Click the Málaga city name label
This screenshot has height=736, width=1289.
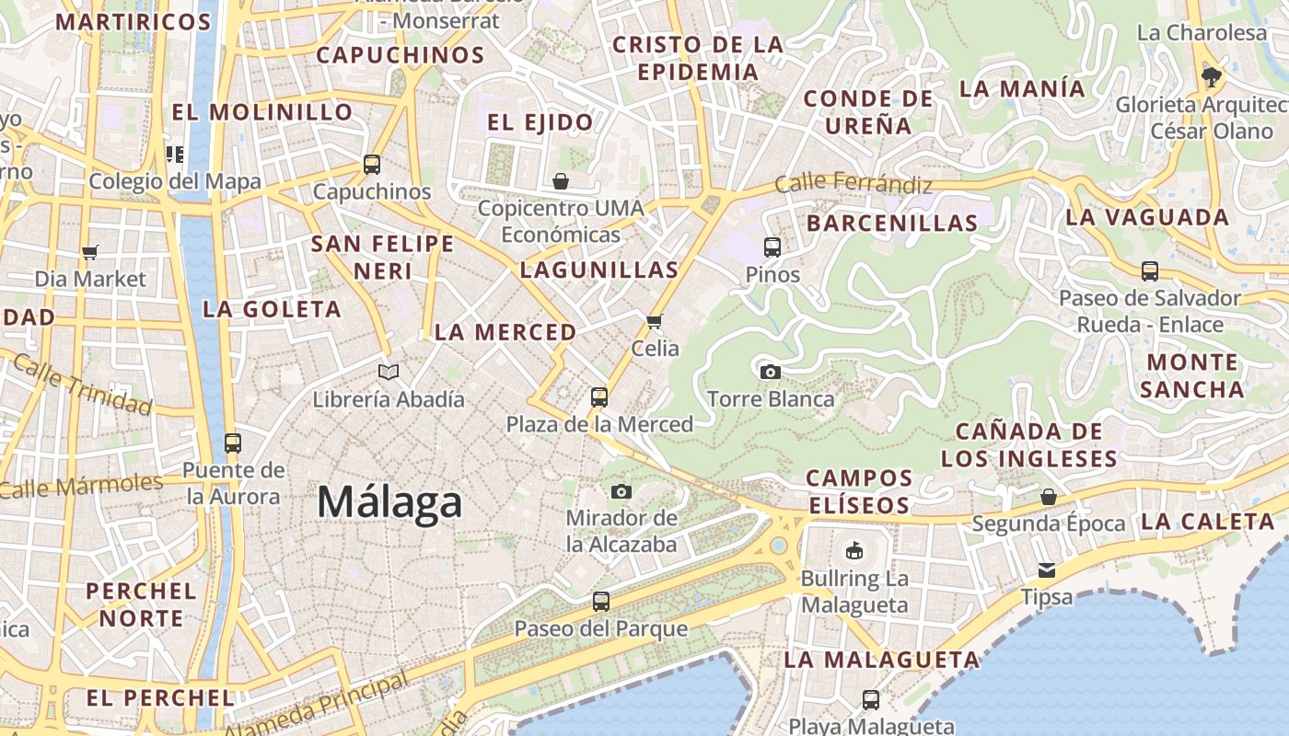[x=389, y=503]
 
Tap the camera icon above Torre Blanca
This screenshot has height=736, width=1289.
[x=771, y=372]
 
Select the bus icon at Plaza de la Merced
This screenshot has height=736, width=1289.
[x=599, y=397]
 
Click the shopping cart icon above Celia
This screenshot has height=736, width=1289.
[x=655, y=321]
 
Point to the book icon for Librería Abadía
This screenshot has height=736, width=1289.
[x=389, y=372]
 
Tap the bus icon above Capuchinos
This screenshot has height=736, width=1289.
[x=372, y=165]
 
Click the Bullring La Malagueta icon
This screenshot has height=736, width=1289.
[x=854, y=551]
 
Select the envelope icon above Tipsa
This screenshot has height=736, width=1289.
[x=1047, y=570]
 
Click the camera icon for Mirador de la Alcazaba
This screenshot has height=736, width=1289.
[x=621, y=491]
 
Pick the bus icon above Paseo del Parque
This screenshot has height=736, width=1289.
[x=601, y=602]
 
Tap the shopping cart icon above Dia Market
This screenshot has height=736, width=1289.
[x=90, y=252]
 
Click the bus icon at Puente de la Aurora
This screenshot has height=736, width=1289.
[x=232, y=443]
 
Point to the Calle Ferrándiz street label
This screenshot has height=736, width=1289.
[x=853, y=183]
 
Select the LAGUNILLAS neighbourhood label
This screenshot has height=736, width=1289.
[x=599, y=270]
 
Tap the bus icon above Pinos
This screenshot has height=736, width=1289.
[x=772, y=247]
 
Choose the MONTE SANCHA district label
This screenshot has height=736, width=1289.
[x=1192, y=375]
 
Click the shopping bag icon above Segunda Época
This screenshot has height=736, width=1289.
[x=1048, y=497]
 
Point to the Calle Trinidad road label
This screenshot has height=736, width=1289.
[x=82, y=385]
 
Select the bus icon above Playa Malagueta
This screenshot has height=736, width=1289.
[x=871, y=699]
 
